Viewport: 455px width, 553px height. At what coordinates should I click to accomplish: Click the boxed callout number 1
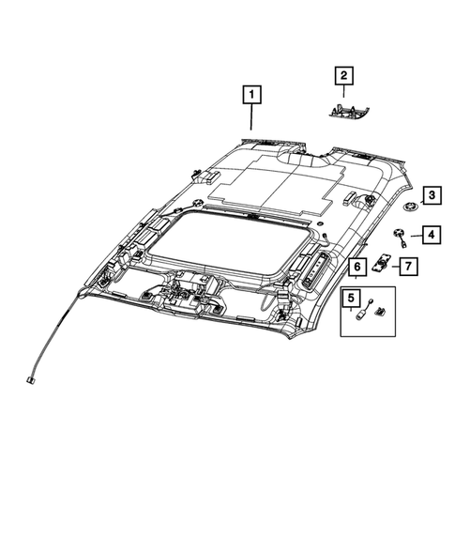250,94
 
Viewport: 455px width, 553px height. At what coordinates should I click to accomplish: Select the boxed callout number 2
343,75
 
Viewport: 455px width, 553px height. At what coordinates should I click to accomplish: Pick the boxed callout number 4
430,235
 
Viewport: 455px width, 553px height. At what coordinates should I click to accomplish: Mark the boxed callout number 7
409,267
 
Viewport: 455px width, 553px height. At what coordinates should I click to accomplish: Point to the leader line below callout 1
250,118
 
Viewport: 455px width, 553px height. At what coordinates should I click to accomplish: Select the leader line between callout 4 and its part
413,235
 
